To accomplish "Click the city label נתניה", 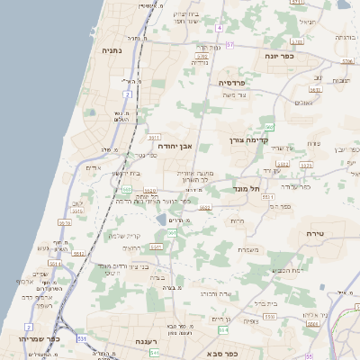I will click(112, 50).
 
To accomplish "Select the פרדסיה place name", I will click(238, 82).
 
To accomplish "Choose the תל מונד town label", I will click(245, 188).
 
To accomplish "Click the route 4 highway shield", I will click(219, 28).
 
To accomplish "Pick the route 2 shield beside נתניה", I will click(129, 94).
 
